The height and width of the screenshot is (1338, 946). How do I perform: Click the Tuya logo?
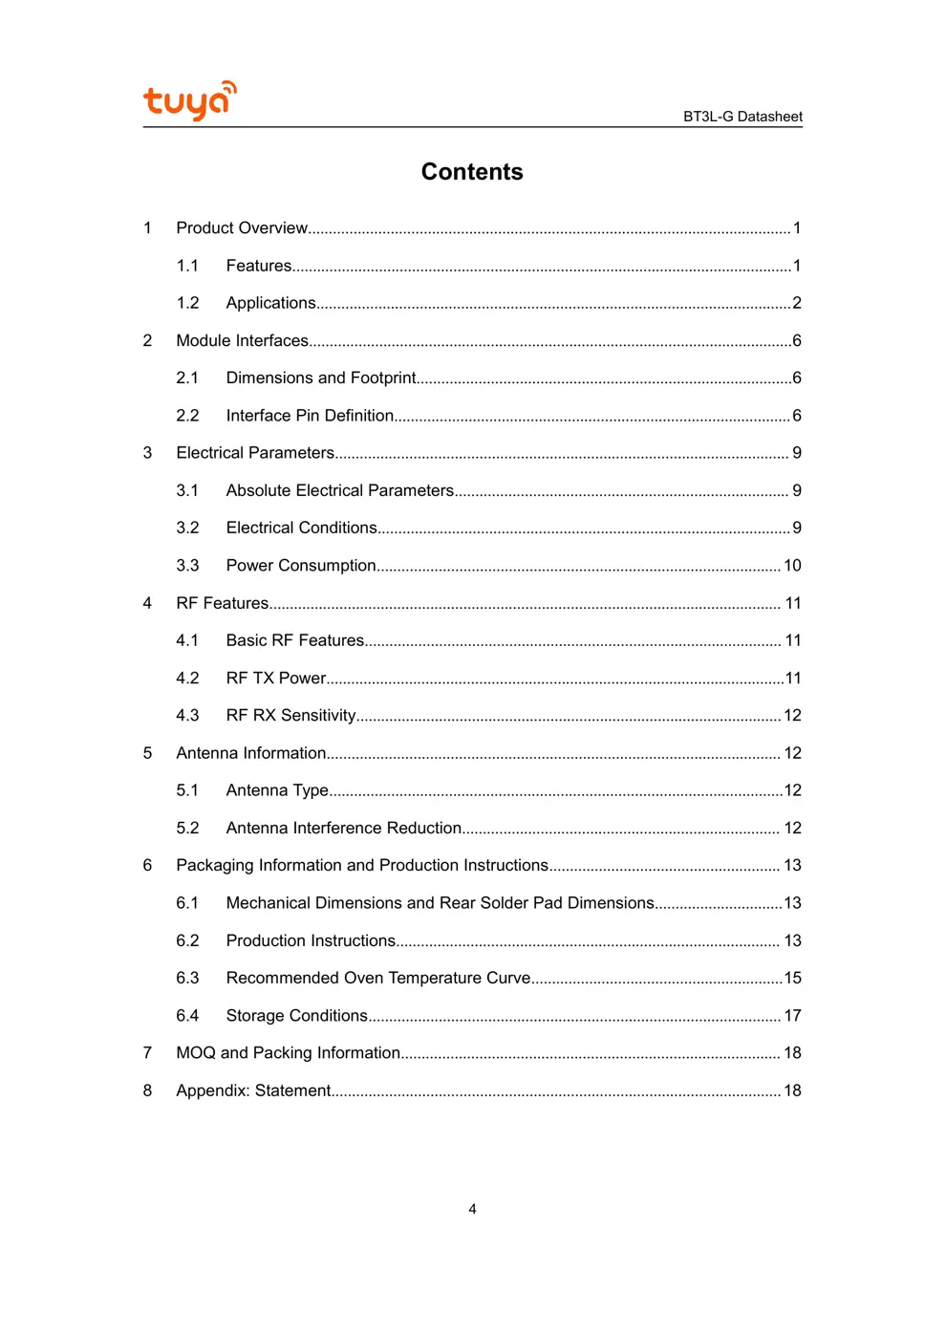189,100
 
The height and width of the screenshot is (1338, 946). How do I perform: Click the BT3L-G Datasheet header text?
742,117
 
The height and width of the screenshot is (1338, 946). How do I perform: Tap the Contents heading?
472,172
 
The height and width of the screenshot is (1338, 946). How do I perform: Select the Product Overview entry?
242,228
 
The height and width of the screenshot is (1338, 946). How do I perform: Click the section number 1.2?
187,303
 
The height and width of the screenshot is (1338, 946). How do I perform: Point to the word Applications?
270,303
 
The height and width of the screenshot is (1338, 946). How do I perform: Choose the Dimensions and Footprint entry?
321,378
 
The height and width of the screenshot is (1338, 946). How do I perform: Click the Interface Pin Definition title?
310,416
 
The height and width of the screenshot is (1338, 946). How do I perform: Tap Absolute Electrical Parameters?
339,490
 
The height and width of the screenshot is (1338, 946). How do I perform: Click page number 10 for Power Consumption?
792,566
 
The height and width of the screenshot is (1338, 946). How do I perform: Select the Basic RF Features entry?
294,640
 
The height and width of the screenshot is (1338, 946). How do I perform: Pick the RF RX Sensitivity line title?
290,716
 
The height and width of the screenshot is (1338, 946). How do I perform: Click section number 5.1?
187,790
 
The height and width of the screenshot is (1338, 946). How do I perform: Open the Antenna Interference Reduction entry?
343,828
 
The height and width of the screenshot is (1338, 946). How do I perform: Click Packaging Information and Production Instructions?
362,865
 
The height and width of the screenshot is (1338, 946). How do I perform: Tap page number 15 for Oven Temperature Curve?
792,978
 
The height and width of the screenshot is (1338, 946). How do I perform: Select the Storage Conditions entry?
296,1015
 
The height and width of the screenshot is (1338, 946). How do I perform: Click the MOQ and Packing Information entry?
288,1052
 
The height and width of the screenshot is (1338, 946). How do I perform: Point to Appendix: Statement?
253,1090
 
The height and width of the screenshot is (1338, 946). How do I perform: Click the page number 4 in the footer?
472,1209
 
